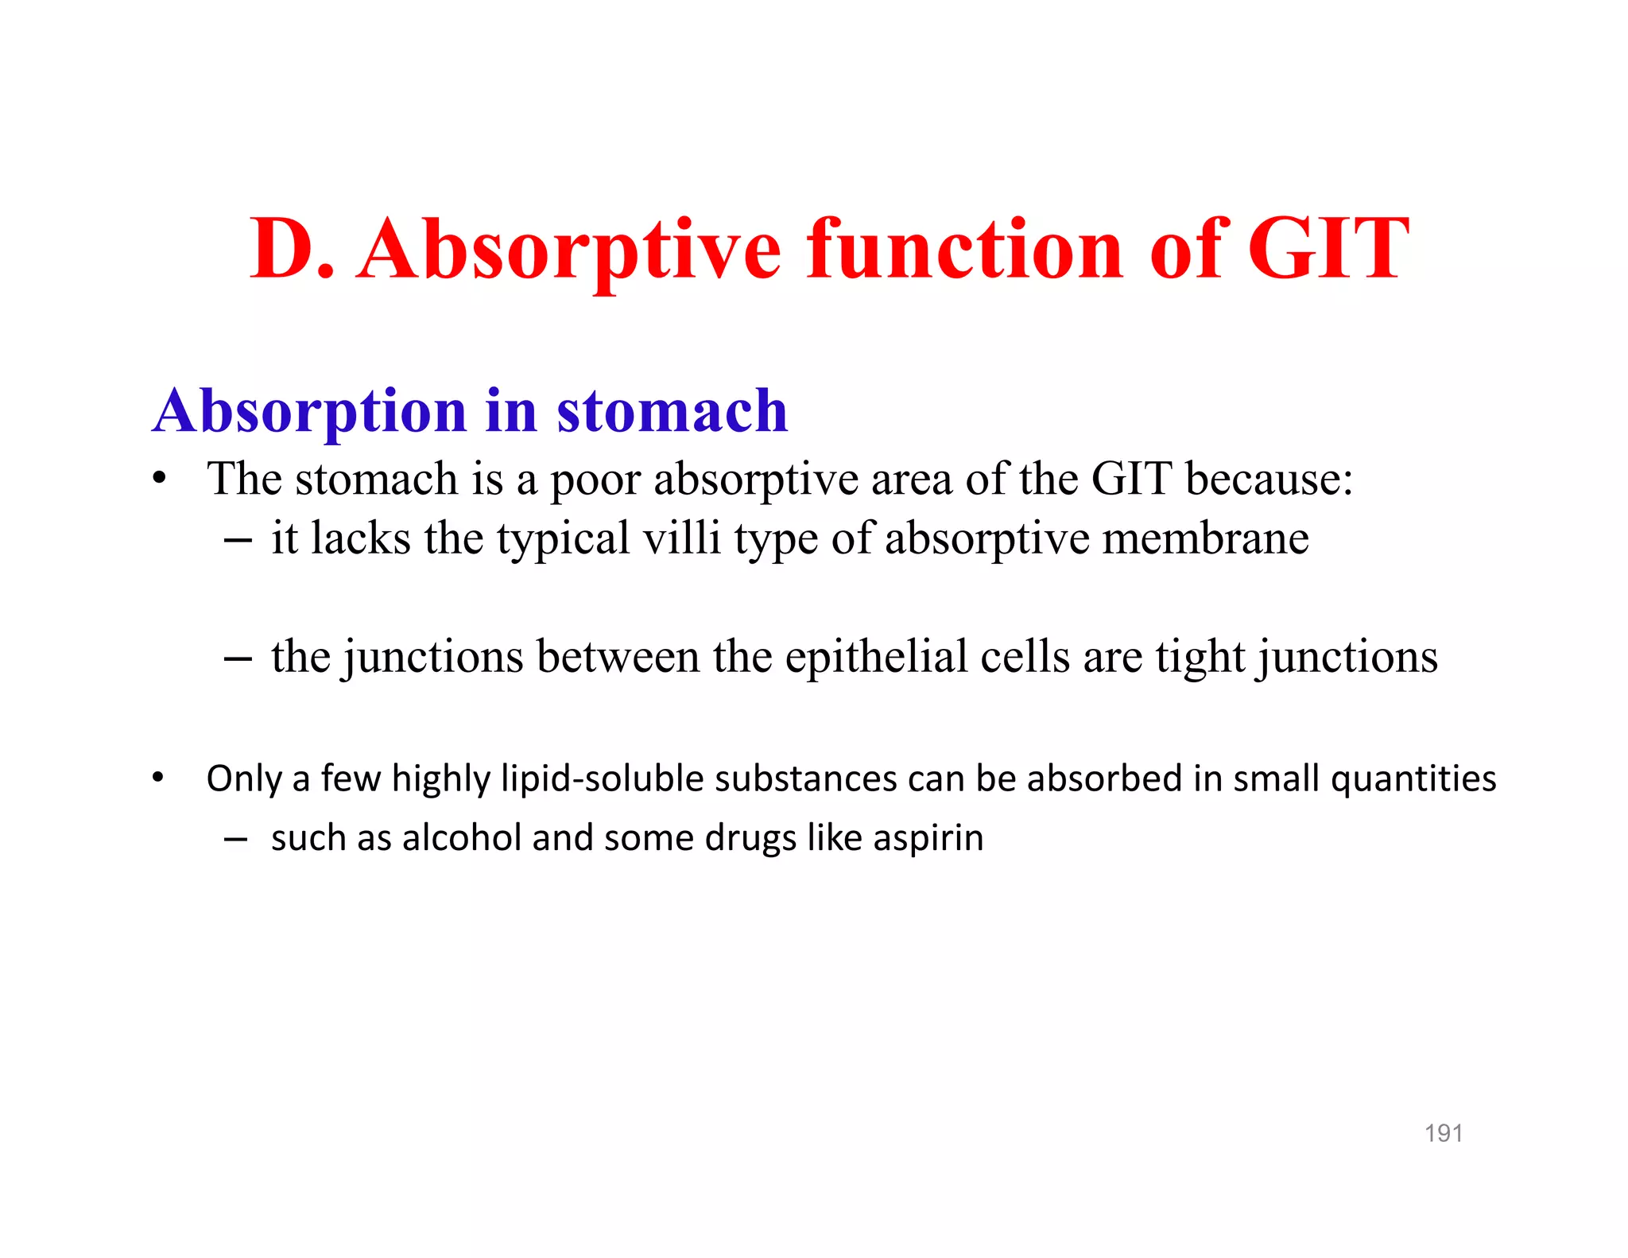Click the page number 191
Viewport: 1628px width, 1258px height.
tap(1443, 1132)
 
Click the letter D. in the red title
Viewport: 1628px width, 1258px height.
tap(291, 250)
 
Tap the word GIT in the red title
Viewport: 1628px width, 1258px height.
tap(1328, 250)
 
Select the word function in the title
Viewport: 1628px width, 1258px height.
tap(965, 250)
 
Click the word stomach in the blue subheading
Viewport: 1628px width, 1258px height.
tap(672, 411)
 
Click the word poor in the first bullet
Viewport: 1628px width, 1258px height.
tap(595, 480)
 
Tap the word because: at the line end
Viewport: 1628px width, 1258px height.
tap(1269, 479)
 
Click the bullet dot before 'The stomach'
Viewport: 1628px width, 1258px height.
tap(160, 480)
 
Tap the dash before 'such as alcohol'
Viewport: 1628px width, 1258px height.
tap(236, 839)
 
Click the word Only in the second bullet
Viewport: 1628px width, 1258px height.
tap(243, 778)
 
